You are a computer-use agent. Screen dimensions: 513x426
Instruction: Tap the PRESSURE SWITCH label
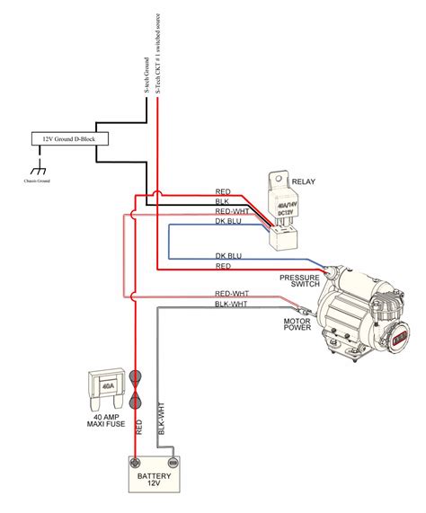click(x=299, y=281)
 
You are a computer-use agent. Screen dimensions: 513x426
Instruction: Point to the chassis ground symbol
click(x=37, y=171)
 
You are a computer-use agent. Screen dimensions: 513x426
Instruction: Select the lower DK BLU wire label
click(x=228, y=256)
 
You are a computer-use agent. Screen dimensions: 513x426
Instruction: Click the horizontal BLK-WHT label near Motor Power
click(x=231, y=305)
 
